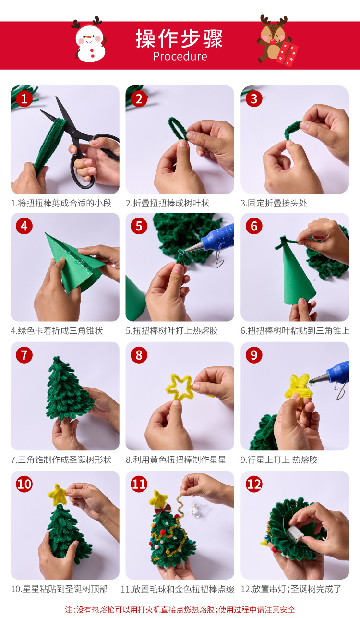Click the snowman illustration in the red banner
pos(89,40)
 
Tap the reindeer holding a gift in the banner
pos(277,41)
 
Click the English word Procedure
pos(180,56)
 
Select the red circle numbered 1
pos(24,98)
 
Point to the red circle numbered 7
pos(24,355)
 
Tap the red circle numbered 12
pos(254,484)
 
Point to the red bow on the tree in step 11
pos(161,508)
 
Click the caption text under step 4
pos(57,330)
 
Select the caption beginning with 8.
pos(176,460)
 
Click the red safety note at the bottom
pos(180,609)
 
